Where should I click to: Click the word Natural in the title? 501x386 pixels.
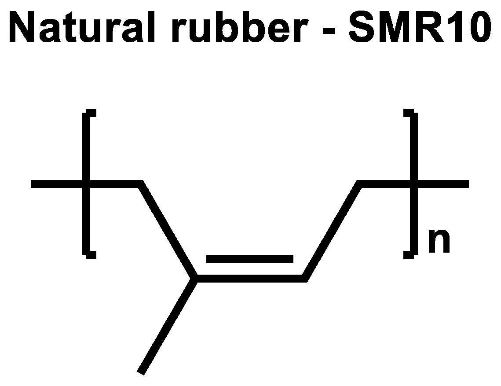click(81, 27)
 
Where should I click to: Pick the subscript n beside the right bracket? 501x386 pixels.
click(439, 243)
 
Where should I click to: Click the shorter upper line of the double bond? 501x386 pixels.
click(249, 259)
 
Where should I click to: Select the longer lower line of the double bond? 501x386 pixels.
click(249, 278)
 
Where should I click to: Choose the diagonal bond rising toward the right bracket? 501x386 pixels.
click(333, 231)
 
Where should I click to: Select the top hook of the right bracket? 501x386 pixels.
click(409, 112)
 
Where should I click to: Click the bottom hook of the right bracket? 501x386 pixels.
click(409, 255)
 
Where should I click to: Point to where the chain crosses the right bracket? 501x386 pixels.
click(413, 184)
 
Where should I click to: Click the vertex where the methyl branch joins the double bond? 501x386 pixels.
click(195, 278)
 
